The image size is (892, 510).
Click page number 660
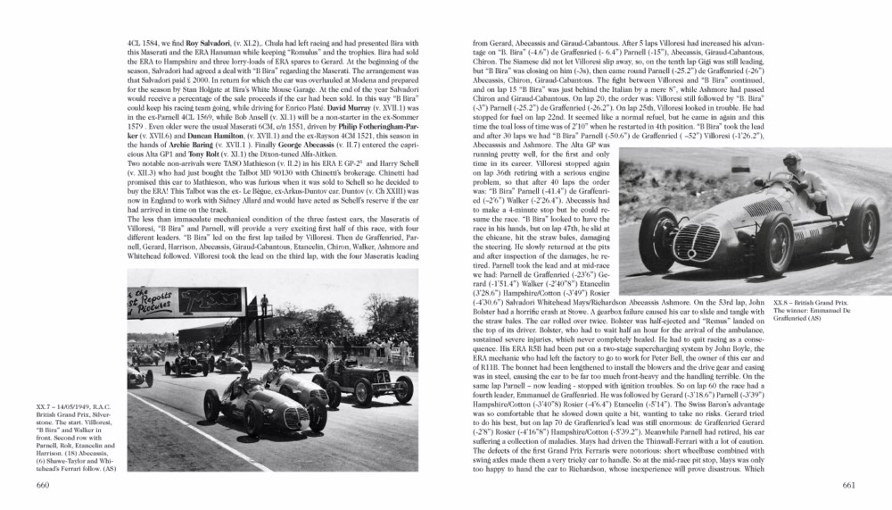click(x=42, y=485)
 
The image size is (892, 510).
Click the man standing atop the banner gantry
click(x=263, y=305)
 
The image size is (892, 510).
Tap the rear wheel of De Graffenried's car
click(x=862, y=227)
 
